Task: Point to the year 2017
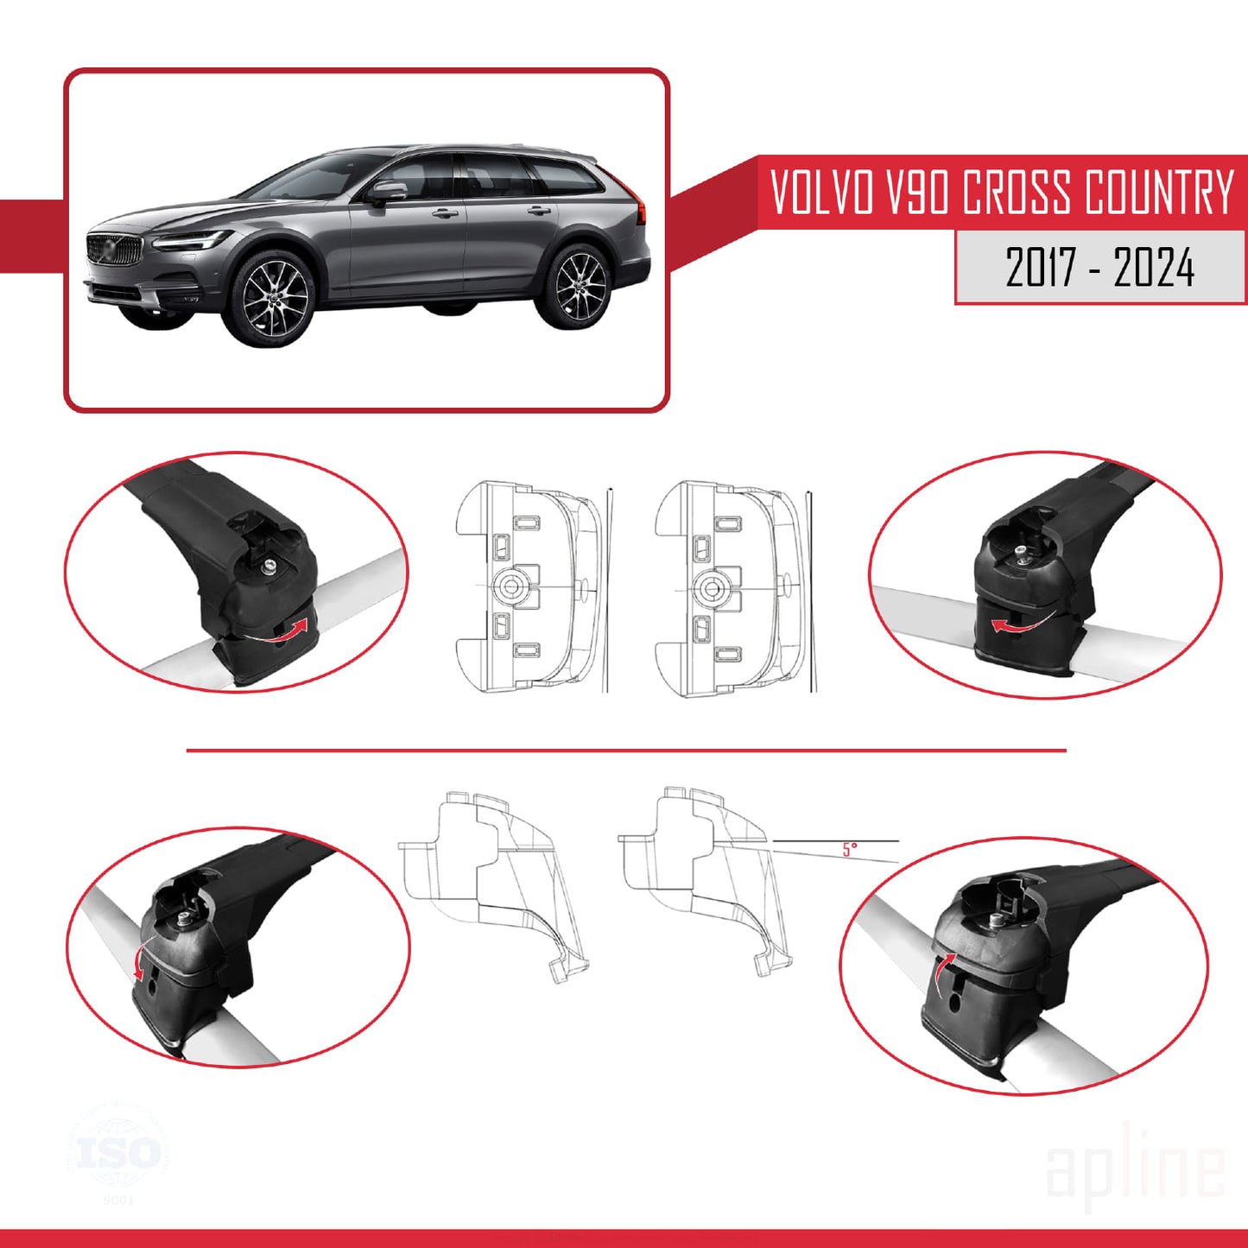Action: [x=1041, y=268]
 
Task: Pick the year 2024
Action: [x=1154, y=268]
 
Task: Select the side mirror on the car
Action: [x=388, y=191]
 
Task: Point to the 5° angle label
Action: [x=850, y=850]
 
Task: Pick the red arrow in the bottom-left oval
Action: [x=139, y=959]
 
